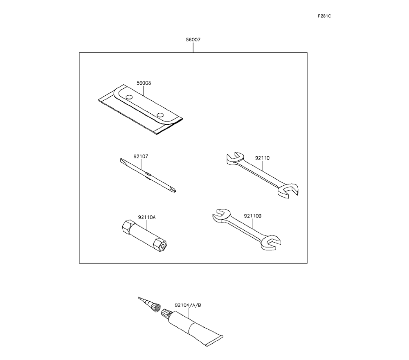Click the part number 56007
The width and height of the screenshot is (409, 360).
pos(193,40)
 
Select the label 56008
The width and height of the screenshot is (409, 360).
pos(144,83)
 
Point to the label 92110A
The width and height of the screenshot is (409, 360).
pos(147,217)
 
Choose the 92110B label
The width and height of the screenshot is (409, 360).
pos(253,216)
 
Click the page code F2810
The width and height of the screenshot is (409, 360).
pos(324,16)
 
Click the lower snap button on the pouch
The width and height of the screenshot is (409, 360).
pos(160,115)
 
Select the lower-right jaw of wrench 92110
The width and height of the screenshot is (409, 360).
pos(289,192)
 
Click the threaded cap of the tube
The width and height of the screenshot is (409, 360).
pos(166,314)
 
